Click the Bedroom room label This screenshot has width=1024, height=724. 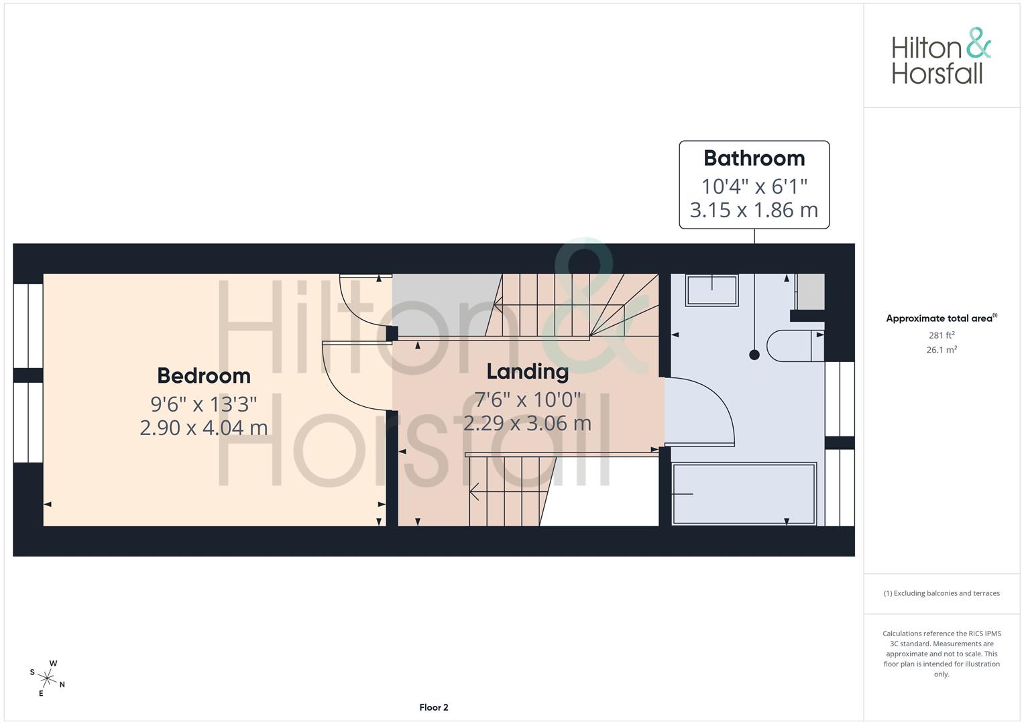tap(204, 375)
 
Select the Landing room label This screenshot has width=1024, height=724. tap(527, 371)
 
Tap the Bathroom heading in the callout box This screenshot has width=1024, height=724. tap(754, 158)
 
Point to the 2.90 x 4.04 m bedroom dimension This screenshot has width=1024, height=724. tap(204, 427)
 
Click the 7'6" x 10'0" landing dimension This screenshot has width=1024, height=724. tap(527, 400)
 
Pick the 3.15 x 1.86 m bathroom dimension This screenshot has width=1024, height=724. tap(754, 210)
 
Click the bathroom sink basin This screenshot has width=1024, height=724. tap(712, 291)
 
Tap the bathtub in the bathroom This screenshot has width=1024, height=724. tap(744, 493)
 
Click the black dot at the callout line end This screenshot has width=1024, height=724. tap(754, 355)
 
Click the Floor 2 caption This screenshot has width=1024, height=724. tap(434, 707)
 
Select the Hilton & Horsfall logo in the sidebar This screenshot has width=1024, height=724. tap(941, 56)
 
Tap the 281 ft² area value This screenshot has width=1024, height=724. tap(942, 335)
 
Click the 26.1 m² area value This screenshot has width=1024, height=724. tap(942, 350)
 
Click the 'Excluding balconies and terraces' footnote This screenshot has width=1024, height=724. tap(942, 593)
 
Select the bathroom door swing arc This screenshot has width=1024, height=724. tap(711, 406)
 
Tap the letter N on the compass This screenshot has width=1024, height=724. tap(62, 684)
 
